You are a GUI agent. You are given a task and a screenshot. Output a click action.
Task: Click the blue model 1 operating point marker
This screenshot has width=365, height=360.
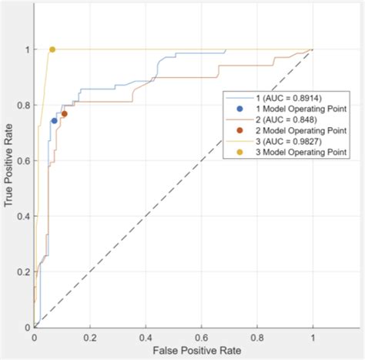[54, 120]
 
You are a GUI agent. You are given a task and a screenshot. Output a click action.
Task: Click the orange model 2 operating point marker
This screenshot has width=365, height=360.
[65, 114]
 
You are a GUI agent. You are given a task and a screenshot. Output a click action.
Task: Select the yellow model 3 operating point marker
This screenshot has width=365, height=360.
[52, 49]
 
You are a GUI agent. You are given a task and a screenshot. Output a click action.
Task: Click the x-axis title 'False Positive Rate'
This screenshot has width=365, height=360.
[174, 351]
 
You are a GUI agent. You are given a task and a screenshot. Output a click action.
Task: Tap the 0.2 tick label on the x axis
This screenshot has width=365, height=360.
[90, 337]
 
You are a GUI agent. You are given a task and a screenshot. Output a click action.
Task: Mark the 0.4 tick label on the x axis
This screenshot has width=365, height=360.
[146, 337]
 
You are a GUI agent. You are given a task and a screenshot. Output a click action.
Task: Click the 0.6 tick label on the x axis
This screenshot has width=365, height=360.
[202, 337]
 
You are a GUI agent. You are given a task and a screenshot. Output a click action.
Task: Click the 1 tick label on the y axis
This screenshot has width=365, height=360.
[28, 49]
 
